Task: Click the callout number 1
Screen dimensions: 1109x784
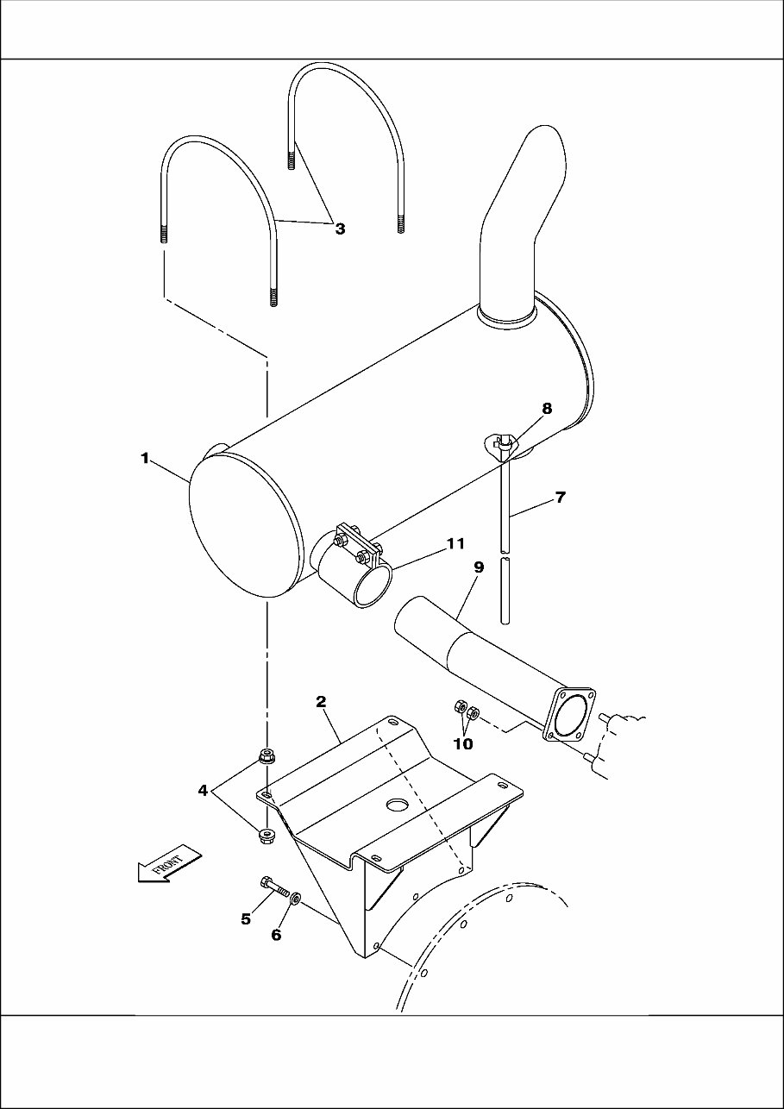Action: click(x=146, y=458)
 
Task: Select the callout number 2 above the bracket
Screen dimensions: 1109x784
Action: click(x=321, y=702)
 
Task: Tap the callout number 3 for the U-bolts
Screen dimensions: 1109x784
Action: click(x=340, y=229)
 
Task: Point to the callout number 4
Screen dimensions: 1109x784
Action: click(x=204, y=790)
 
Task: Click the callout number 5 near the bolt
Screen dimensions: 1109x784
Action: click(x=246, y=919)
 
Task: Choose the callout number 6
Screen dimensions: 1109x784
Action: click(x=277, y=935)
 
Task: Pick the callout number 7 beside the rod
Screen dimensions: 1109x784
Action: click(x=560, y=498)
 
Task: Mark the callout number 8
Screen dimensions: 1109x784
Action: click(x=547, y=408)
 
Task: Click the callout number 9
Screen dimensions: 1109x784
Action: click(x=479, y=567)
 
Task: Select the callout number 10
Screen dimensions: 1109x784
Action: click(x=463, y=743)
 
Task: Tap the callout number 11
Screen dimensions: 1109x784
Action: click(x=455, y=543)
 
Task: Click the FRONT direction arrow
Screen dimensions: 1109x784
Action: click(x=168, y=865)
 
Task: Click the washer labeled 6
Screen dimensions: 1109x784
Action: click(x=296, y=899)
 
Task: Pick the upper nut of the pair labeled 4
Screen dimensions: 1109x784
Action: click(x=267, y=759)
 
